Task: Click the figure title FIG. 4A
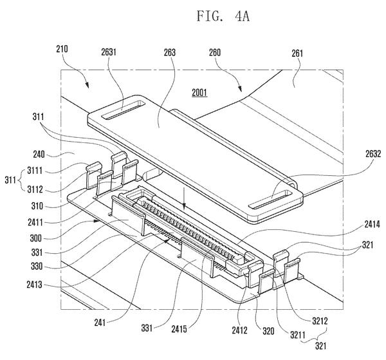223,17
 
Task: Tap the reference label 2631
109,52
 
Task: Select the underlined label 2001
199,93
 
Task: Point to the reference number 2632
373,154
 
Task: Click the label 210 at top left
62,49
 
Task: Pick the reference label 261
297,53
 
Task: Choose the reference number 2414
372,224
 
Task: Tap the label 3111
35,171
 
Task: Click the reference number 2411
35,223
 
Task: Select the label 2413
35,285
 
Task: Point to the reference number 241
100,323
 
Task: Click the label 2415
179,329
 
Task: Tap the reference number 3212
320,321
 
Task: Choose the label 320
268,331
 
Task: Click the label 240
39,155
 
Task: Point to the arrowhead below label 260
240,89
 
